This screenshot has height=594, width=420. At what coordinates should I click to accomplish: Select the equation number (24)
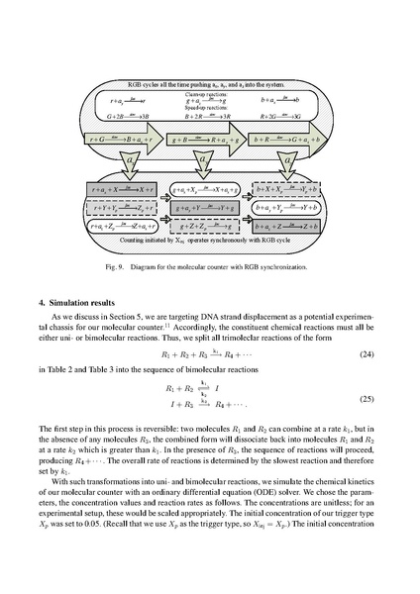point(361,352)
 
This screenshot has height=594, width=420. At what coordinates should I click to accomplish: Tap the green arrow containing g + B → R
point(206,142)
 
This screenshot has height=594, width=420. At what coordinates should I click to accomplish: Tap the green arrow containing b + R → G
point(286,142)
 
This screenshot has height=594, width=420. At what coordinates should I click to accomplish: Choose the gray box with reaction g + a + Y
point(206,208)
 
